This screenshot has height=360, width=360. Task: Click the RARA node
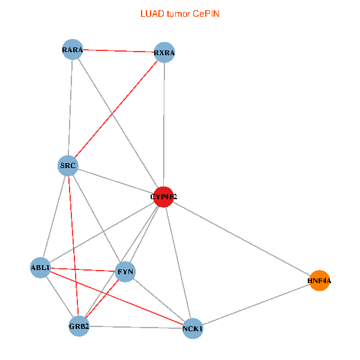[x=72, y=49]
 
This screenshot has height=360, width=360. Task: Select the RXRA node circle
[x=164, y=53]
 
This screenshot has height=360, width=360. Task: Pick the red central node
[x=163, y=196]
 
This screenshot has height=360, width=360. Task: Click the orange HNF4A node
[x=319, y=280]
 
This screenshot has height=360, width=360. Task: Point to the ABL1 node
[x=41, y=268]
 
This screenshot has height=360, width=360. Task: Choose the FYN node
[x=125, y=272]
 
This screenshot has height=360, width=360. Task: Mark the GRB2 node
[x=79, y=326]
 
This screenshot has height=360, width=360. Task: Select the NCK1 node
[x=193, y=328]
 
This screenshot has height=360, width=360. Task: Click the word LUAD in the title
[x=151, y=13]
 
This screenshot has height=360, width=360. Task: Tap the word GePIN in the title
[x=206, y=13]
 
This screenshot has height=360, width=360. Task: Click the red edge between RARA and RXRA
[x=118, y=51]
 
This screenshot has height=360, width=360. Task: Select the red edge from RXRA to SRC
[x=116, y=109]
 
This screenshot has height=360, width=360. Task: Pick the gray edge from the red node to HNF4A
[x=241, y=238]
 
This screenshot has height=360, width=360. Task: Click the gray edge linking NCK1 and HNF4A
[x=256, y=304]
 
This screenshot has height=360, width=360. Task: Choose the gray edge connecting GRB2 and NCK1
[x=136, y=327]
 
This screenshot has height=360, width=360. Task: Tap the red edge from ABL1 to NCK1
[x=116, y=298]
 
